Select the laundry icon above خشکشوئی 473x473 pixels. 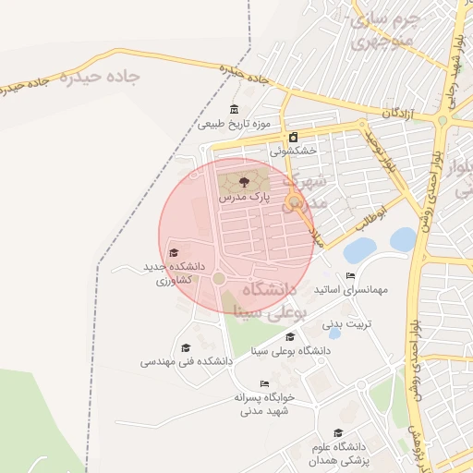click(x=293, y=138)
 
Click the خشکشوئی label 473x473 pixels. click(x=293, y=151)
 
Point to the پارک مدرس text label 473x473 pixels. click(x=244, y=198)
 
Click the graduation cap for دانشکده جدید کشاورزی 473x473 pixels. click(x=174, y=252)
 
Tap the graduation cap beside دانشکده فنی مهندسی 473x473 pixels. click(x=186, y=348)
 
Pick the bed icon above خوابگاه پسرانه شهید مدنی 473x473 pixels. click(x=264, y=383)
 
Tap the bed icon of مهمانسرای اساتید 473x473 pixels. click(x=350, y=275)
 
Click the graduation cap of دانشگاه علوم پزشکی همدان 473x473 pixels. click(x=338, y=432)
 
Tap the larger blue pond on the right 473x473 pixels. click(x=403, y=240)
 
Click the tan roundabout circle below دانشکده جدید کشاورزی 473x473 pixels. click(x=219, y=277)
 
